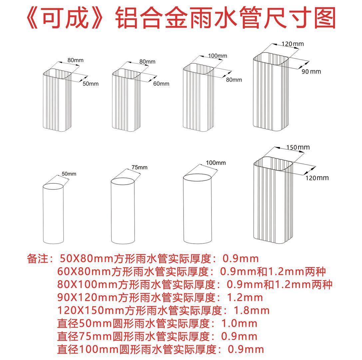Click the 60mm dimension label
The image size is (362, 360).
[x=161, y=84]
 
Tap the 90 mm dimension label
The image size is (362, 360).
[x=311, y=72]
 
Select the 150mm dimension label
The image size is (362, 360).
[x=298, y=147]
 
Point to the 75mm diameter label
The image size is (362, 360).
[x=139, y=167]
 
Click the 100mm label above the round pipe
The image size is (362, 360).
[x=216, y=163]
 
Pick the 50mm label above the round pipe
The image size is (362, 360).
[x=69, y=174]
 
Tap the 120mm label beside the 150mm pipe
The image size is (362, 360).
[x=317, y=178]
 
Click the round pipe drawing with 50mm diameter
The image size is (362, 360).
[x=53, y=213]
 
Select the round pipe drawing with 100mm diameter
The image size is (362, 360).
[x=197, y=208]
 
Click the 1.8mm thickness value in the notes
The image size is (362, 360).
[x=252, y=311]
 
